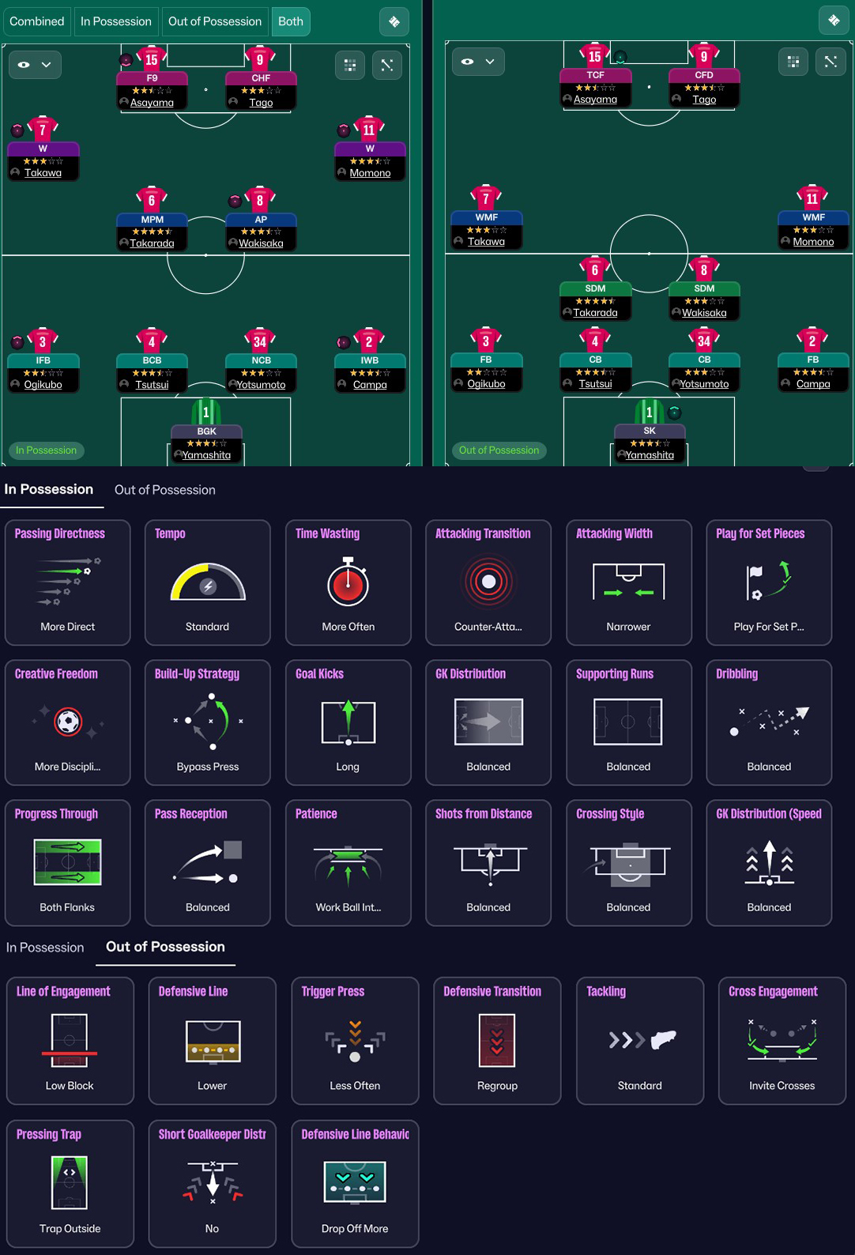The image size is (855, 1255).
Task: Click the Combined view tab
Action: click(x=37, y=21)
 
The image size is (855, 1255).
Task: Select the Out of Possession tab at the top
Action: click(x=214, y=21)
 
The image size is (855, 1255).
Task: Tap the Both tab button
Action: click(x=290, y=21)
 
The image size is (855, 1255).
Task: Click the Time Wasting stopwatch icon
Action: click(x=348, y=582)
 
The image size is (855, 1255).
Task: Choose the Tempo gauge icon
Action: click(x=208, y=582)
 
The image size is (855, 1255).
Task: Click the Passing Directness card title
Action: click(x=60, y=533)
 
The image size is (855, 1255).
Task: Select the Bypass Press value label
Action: click(x=208, y=767)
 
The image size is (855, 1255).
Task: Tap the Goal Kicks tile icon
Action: click(x=348, y=722)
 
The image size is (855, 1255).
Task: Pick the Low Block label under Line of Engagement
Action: click(x=70, y=1086)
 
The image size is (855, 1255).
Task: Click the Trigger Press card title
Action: click(x=333, y=992)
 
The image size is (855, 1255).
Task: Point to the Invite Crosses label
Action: click(x=782, y=1086)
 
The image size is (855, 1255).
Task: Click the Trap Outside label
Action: click(x=70, y=1229)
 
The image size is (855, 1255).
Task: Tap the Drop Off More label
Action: click(x=355, y=1229)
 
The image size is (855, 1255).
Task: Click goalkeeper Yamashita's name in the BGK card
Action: click(x=206, y=455)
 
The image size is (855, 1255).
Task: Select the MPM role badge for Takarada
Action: click(x=153, y=220)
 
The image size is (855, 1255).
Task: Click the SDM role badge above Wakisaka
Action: click(x=704, y=288)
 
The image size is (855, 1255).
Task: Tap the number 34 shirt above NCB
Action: click(x=260, y=341)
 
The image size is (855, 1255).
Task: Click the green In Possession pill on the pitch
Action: click(x=47, y=450)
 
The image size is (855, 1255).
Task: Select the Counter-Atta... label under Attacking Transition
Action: click(x=488, y=627)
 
